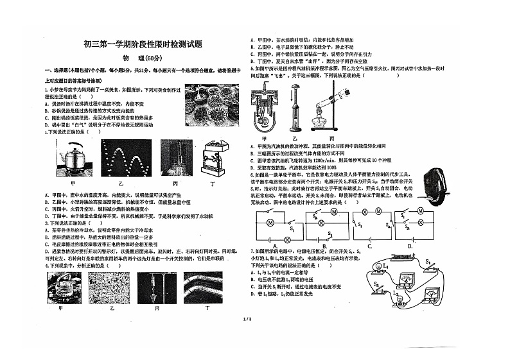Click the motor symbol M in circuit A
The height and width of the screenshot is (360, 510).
point(271,222)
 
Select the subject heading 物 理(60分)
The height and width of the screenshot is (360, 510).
point(142,60)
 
